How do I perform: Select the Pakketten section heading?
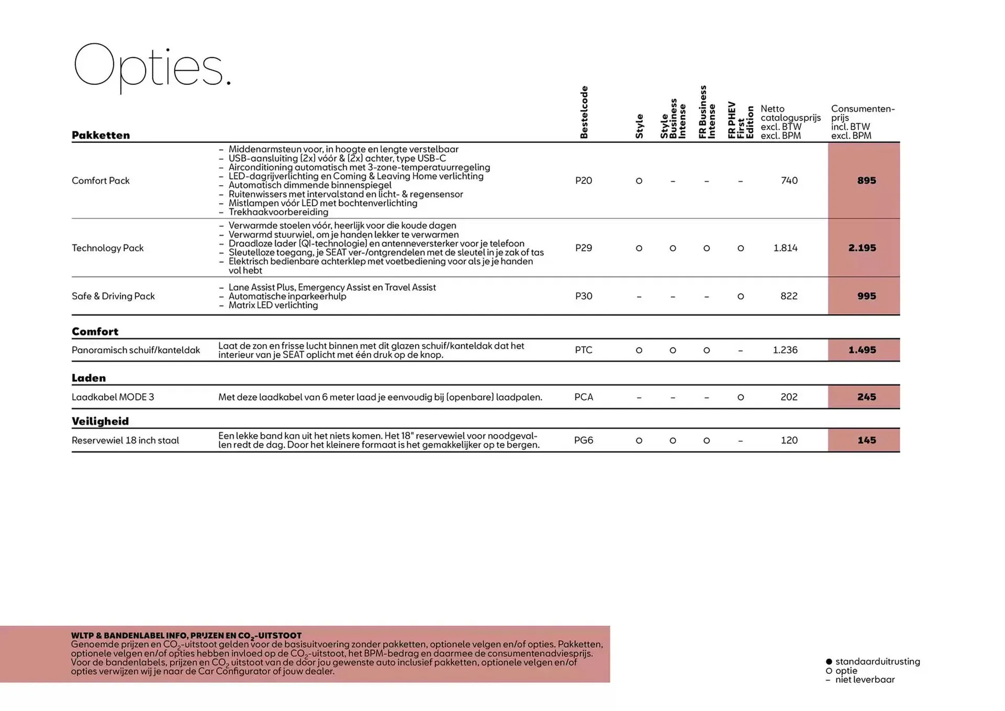[x=100, y=135]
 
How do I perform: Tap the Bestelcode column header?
[x=584, y=113]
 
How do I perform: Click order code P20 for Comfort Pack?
[x=584, y=181]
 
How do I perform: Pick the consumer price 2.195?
[x=862, y=248]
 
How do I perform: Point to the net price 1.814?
[x=785, y=248]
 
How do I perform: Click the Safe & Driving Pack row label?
[x=113, y=296]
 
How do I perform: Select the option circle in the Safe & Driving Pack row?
[x=740, y=296]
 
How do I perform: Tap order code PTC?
[x=584, y=350]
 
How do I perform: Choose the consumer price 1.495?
[x=862, y=350]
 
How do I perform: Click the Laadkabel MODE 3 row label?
[x=113, y=397]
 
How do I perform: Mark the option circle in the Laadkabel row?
[x=740, y=397]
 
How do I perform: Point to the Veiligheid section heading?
[x=100, y=421]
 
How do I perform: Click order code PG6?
[x=584, y=440]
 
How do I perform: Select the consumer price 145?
[x=867, y=440]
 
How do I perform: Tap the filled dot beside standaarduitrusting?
[x=829, y=662]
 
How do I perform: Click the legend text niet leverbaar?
[x=865, y=680]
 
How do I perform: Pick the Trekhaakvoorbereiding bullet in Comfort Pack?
[x=278, y=212]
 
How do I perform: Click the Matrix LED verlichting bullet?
[x=273, y=305]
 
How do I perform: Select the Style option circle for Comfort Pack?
[x=639, y=181]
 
